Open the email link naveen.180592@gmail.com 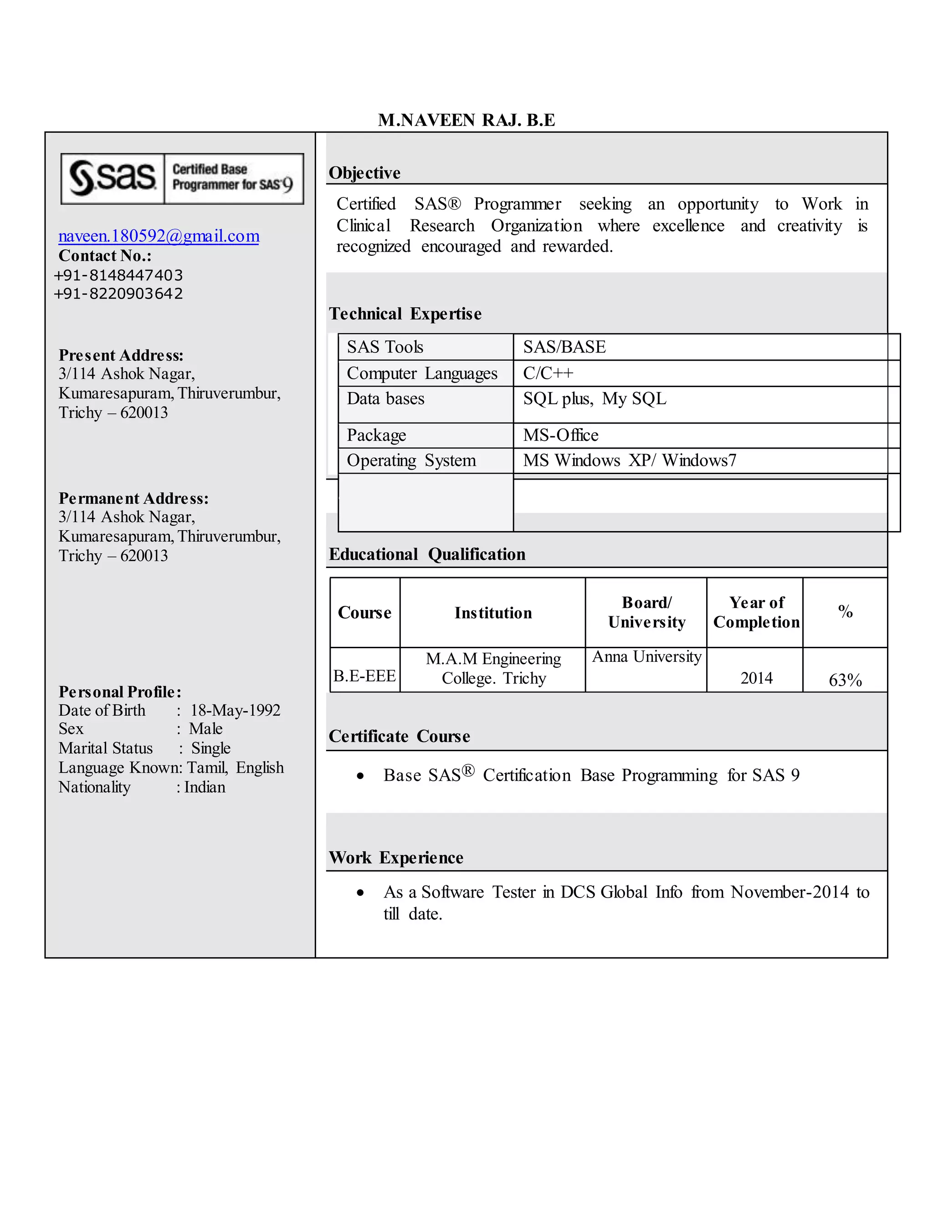[x=159, y=236]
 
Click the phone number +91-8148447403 [x=118, y=275]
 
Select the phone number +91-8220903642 [x=118, y=293]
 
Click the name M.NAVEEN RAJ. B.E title [x=466, y=120]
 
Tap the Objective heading [x=364, y=173]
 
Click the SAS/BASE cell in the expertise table [x=564, y=347]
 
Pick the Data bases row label [x=385, y=399]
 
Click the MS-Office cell [x=560, y=435]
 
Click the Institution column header [x=492, y=613]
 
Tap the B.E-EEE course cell [x=364, y=676]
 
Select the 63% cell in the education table [x=845, y=680]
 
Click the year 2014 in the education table [x=756, y=678]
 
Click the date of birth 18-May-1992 [x=236, y=710]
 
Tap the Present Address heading [x=121, y=355]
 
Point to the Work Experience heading [x=396, y=858]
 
